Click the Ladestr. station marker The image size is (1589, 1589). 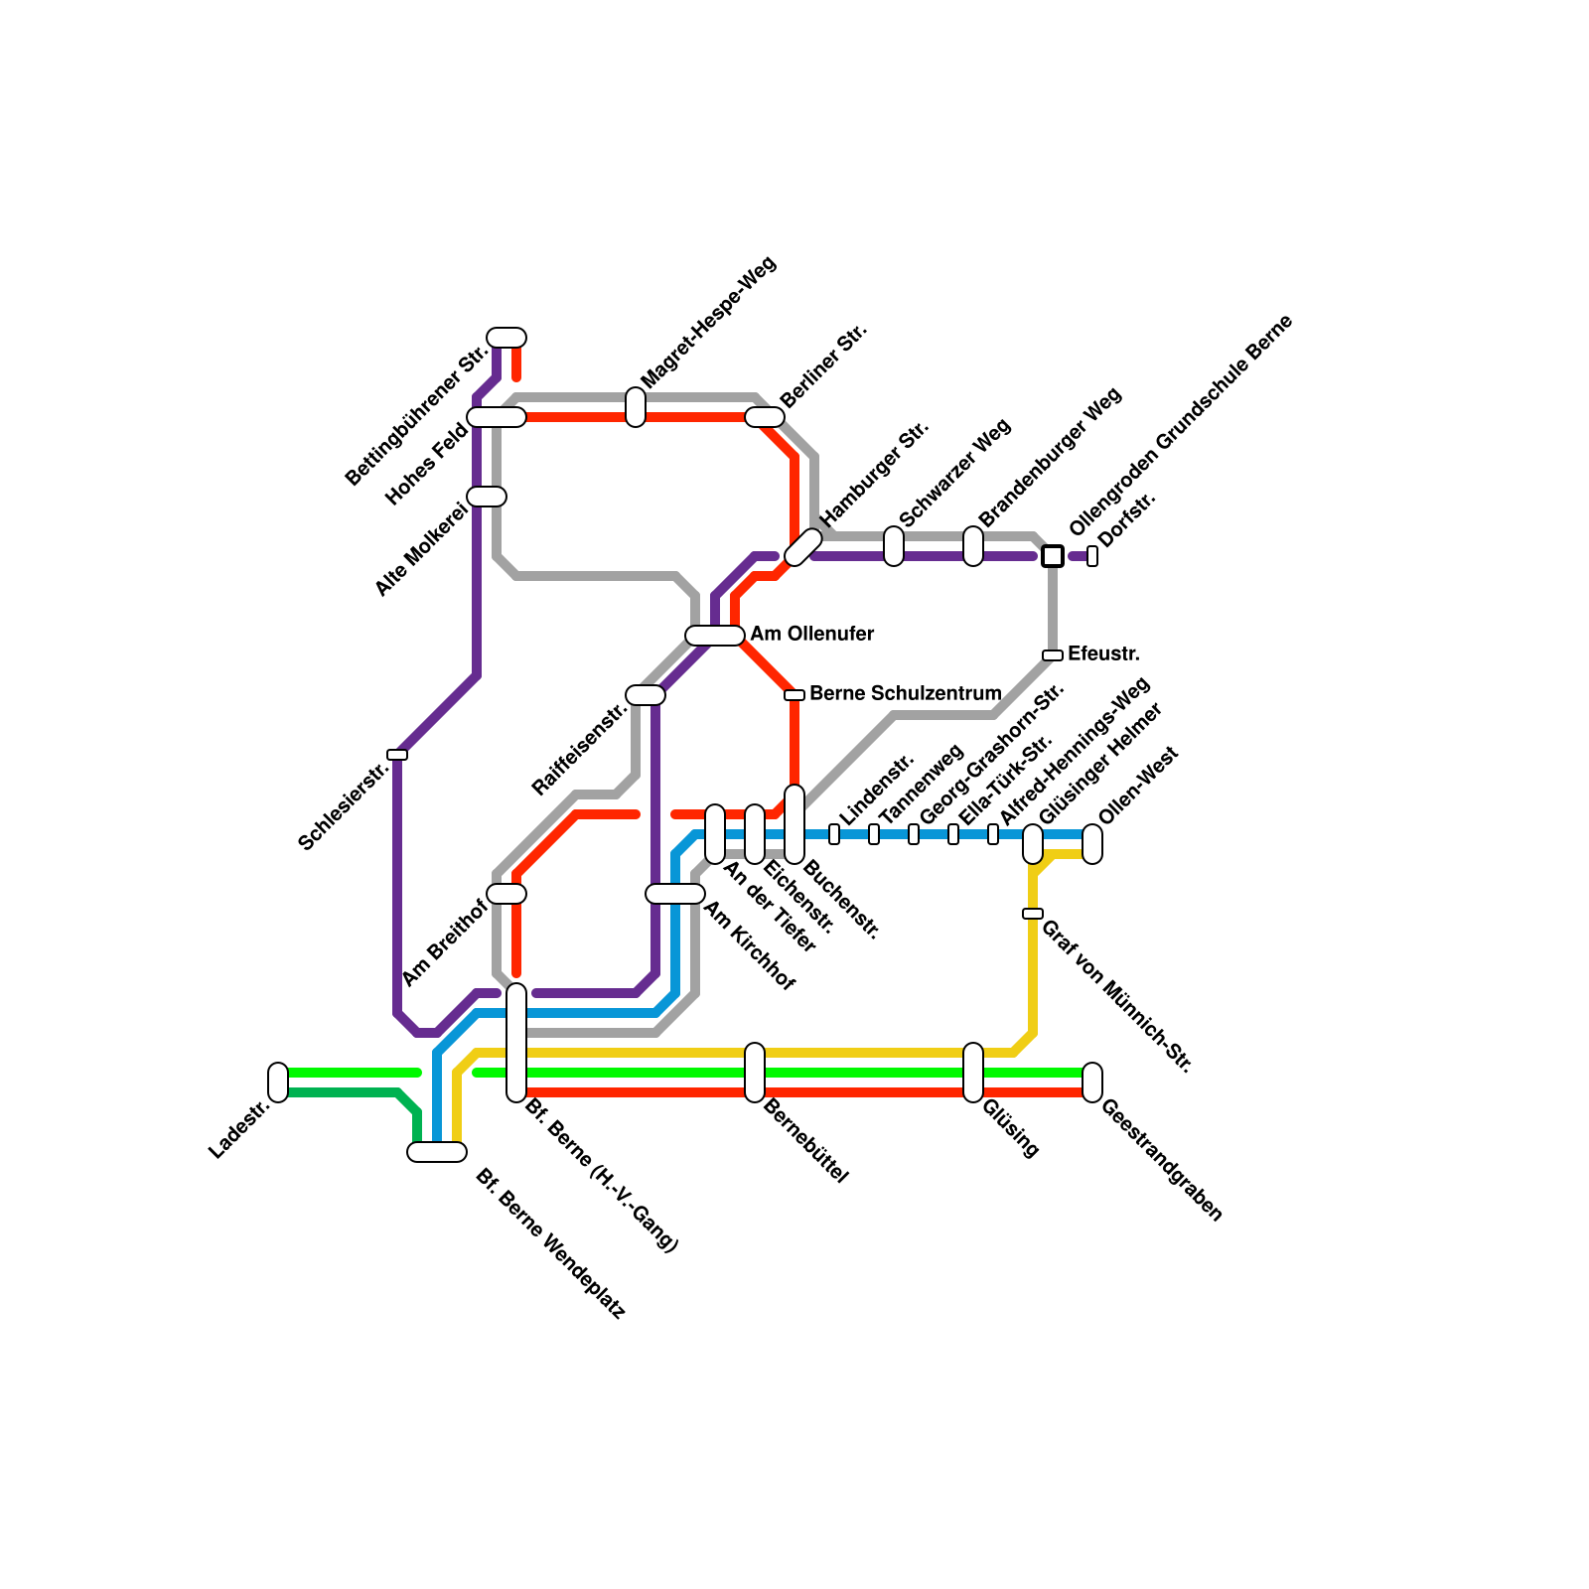[278, 1082]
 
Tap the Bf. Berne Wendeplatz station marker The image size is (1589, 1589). [437, 1152]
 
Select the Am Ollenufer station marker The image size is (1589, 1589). [715, 636]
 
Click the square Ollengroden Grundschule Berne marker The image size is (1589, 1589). [1053, 556]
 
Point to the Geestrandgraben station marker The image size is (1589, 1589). [1092, 1082]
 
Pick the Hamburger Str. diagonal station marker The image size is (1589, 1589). [802, 547]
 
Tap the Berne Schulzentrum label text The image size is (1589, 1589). [905, 693]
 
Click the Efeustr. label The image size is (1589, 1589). [1103, 654]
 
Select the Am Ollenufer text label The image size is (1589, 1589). [812, 634]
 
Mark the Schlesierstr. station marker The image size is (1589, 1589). [397, 755]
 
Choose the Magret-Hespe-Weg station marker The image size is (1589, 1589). [636, 407]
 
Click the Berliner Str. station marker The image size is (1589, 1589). [765, 417]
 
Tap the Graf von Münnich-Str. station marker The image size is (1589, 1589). [1033, 914]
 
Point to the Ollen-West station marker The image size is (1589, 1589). [1092, 844]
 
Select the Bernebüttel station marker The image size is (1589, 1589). [755, 1073]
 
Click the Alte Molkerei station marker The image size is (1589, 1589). [487, 497]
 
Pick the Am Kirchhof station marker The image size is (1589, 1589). [675, 894]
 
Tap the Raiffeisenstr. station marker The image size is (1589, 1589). [646, 695]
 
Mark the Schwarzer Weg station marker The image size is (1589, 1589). [894, 546]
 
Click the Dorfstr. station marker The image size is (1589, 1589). [1092, 556]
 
